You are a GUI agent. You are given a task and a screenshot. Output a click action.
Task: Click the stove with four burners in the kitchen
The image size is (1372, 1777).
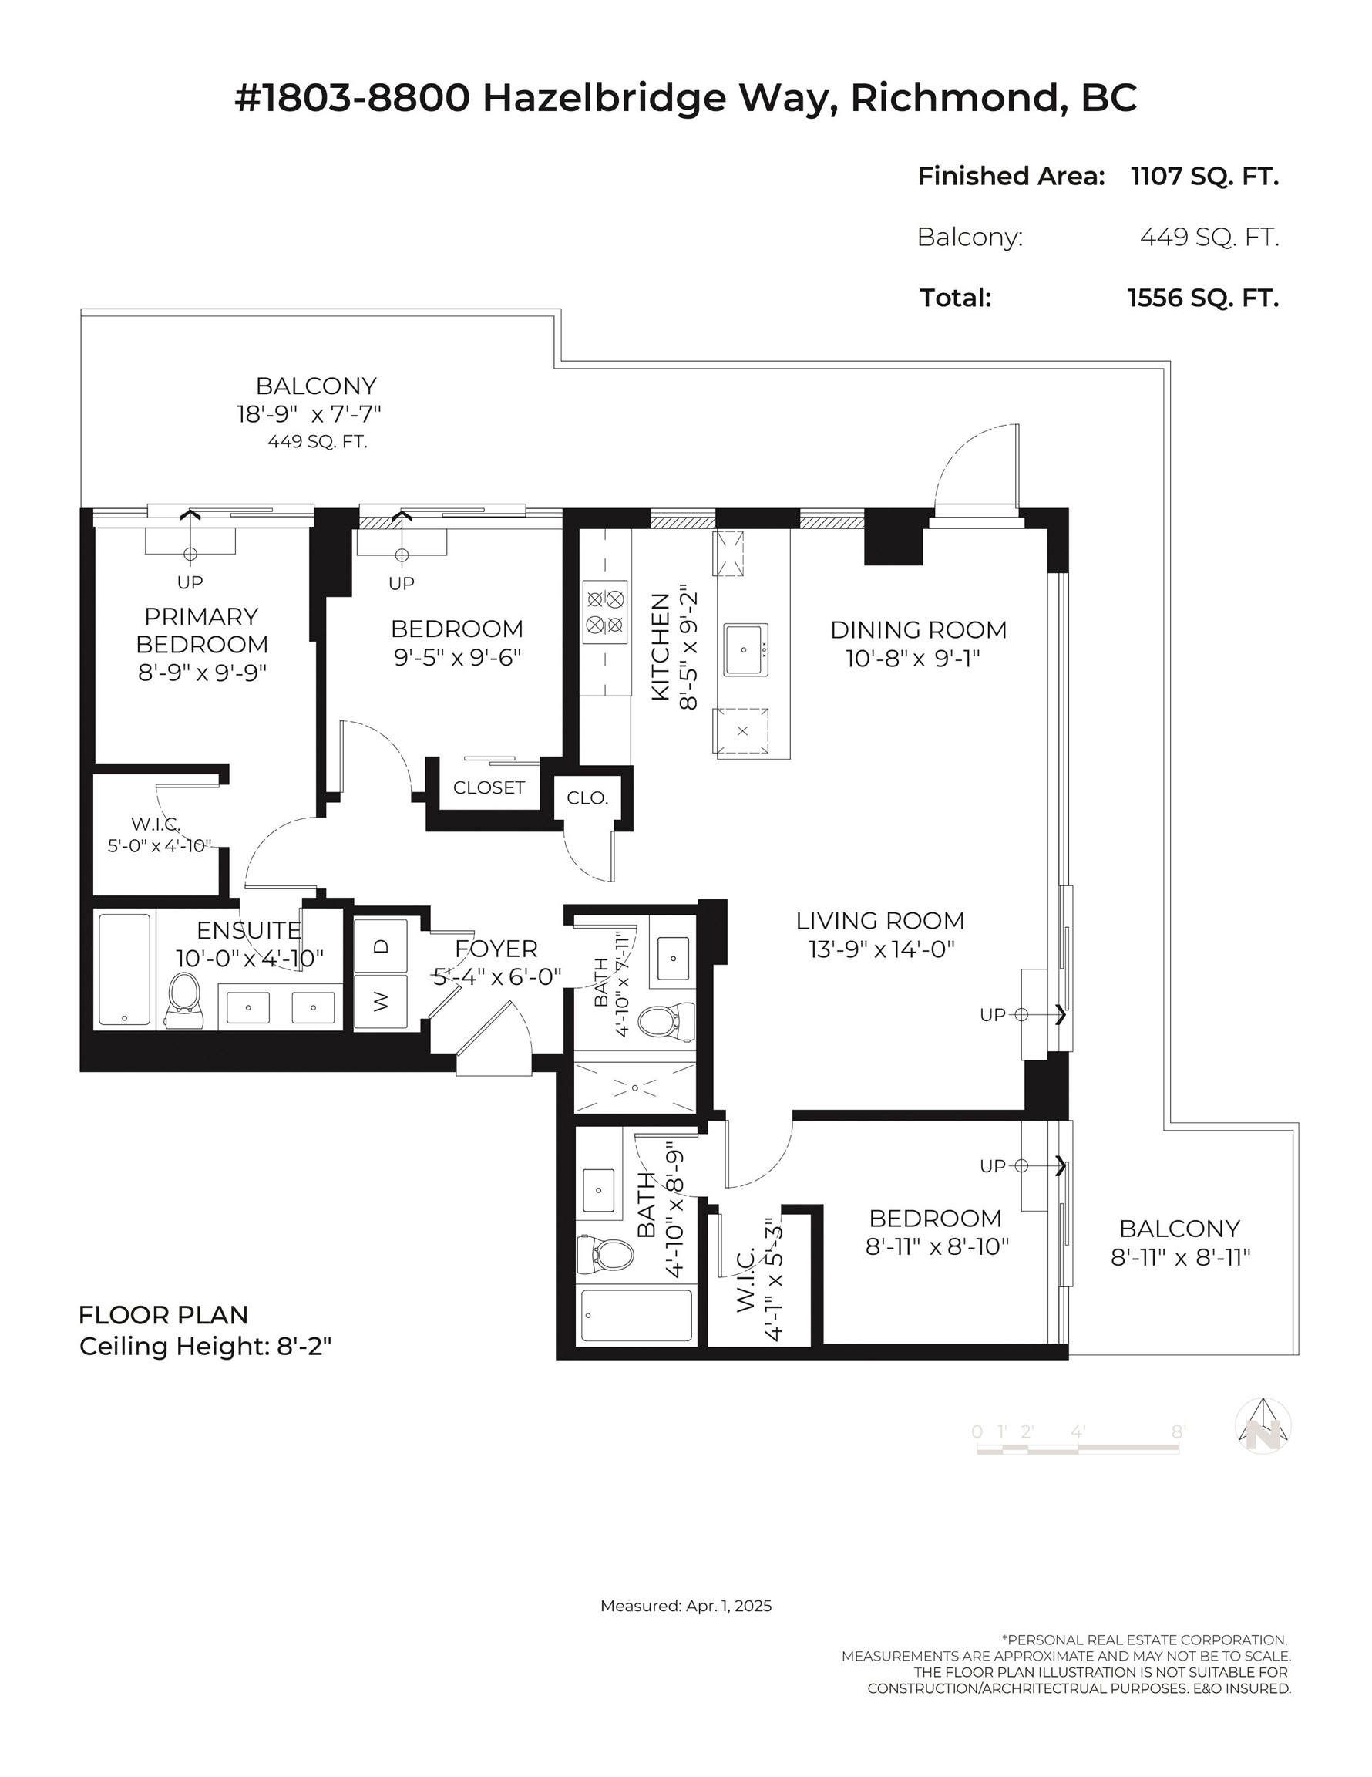point(605,612)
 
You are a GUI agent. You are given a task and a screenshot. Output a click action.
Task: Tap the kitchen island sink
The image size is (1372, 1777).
point(745,649)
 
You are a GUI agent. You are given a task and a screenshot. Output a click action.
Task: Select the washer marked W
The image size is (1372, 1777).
point(381,1003)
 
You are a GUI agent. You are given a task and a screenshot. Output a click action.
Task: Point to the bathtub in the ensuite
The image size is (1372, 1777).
point(124,969)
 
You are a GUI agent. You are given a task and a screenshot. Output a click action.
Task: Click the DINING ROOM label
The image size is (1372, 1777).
point(918,630)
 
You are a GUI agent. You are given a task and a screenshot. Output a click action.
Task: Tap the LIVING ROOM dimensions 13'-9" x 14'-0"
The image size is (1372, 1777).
point(881,949)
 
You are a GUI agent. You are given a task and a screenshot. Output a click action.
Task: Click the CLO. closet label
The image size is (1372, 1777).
point(587,798)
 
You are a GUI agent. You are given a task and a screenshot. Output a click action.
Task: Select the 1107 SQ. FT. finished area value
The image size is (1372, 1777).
point(1205,176)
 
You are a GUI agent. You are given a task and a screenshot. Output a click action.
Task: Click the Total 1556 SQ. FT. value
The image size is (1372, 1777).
point(1203,298)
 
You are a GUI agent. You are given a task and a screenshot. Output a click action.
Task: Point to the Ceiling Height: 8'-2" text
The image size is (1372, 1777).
point(206,1347)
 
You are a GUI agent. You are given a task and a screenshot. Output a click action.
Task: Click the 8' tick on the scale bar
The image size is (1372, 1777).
point(1178,1431)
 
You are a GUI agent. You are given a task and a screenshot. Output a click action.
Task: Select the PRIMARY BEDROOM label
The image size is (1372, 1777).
point(202,630)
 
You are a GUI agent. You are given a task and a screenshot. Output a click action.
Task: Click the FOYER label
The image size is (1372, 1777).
point(496,949)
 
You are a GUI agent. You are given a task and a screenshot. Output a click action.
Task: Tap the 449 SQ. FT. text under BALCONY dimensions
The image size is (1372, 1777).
point(317,442)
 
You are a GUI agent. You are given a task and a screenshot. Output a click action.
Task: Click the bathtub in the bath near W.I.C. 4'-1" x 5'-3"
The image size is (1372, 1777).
point(637,1316)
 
